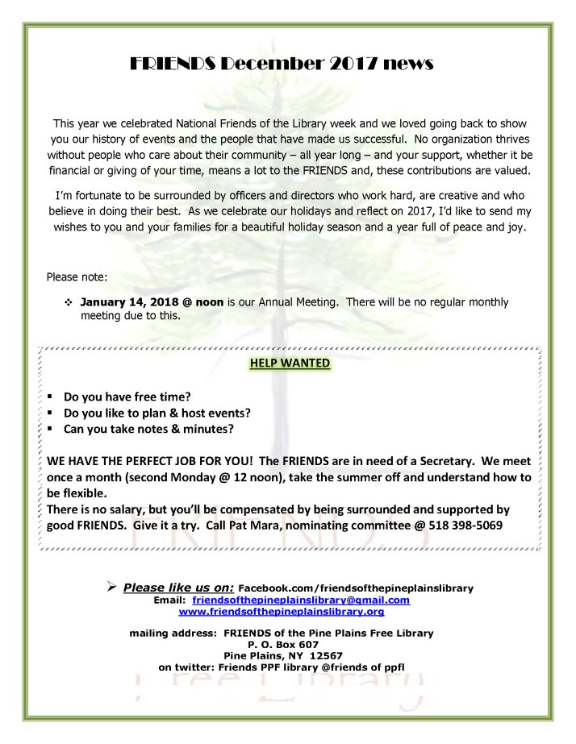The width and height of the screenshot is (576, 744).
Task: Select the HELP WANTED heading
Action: coord(290,363)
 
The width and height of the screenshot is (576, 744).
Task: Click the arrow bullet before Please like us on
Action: coord(112,588)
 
